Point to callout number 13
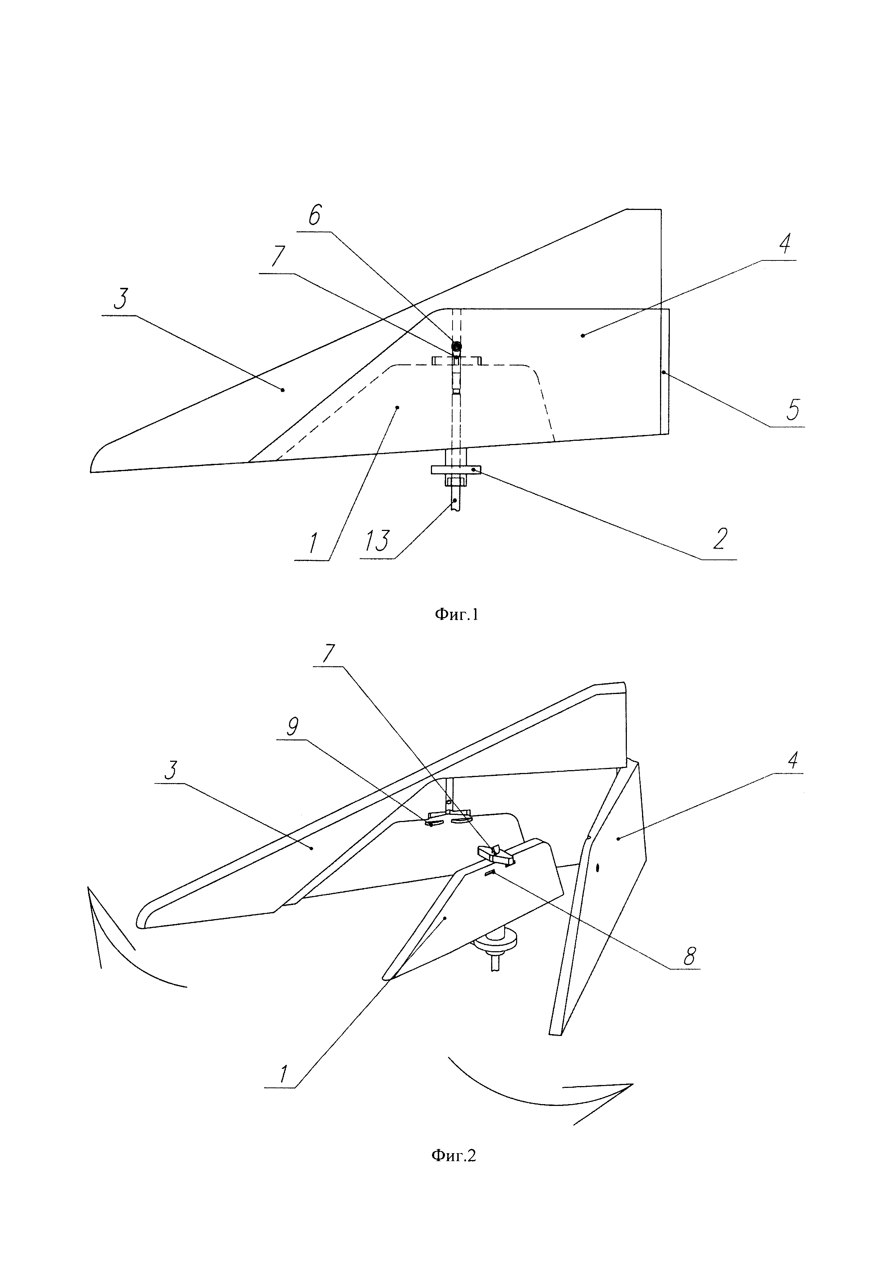click(x=377, y=540)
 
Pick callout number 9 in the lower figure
click(x=293, y=727)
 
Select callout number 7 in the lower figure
click(x=329, y=654)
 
